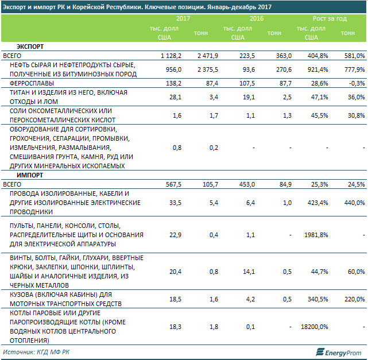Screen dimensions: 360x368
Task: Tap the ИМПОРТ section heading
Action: click(28, 175)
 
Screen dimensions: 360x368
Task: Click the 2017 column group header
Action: click(183, 19)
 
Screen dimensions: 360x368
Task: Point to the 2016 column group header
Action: click(256, 19)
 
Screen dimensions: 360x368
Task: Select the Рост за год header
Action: click(330, 19)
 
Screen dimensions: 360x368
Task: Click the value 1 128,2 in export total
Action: click(172, 56)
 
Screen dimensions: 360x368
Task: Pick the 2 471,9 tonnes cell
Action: click(205, 56)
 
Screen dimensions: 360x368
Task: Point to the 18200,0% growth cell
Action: click(314, 327)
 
